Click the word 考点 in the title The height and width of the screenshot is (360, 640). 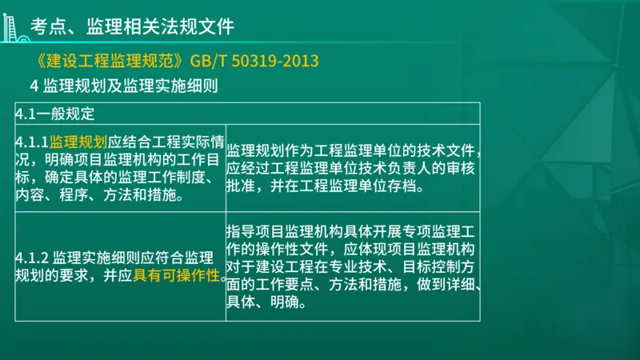[44, 27]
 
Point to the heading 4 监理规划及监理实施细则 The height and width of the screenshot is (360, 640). [124, 85]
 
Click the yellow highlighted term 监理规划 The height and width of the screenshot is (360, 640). [78, 142]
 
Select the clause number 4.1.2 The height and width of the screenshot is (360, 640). [33, 259]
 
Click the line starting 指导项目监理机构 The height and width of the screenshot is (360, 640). [352, 232]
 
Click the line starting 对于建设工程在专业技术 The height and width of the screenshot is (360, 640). [352, 267]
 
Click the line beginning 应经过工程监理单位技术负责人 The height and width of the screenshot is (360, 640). [352, 169]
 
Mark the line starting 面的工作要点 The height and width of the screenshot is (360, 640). [352, 286]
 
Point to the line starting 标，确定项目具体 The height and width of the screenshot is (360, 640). [112, 178]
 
